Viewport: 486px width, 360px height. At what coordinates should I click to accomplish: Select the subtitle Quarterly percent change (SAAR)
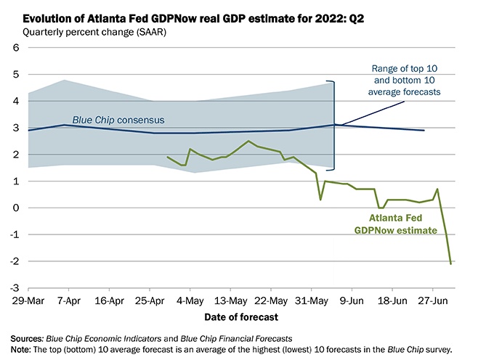(86, 32)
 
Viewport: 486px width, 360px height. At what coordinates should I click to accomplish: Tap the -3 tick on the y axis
(13, 287)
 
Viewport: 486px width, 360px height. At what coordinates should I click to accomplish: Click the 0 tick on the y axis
(15, 208)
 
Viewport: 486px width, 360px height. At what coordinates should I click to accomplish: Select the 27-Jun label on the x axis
(438, 299)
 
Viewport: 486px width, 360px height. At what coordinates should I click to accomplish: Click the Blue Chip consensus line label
(118, 119)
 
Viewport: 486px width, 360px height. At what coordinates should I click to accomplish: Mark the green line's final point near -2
(451, 263)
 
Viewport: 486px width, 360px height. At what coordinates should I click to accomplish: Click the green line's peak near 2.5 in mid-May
(248, 141)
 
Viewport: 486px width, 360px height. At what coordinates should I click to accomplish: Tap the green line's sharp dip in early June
(320, 200)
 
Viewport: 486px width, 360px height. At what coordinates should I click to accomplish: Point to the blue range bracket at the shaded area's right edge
(333, 124)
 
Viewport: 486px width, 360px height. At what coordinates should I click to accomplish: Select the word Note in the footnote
(22, 349)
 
